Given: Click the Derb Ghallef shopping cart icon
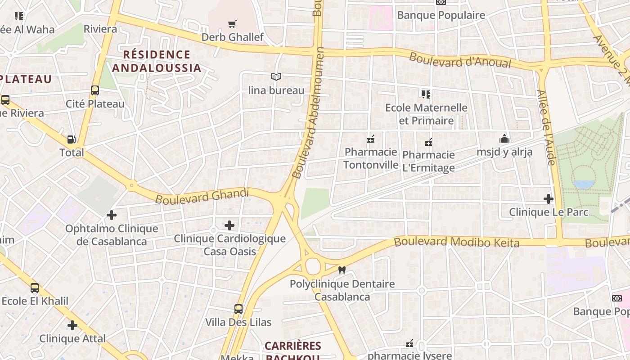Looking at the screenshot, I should coord(232,24).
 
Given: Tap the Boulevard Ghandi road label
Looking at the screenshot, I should coord(202,196).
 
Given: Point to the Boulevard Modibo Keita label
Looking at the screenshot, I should coord(456,242).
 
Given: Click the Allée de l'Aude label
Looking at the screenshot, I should coord(546,127).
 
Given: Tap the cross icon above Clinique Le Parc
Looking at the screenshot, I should coord(548,198).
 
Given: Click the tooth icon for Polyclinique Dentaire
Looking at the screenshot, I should coord(342,270).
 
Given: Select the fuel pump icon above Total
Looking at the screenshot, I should coord(71,139).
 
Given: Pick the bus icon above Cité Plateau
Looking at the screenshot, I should coord(94,90).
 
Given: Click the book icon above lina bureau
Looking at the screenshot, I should coord(276,77).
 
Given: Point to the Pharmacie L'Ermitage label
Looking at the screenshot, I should coord(428,162).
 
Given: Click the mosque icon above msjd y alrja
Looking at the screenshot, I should coord(504,139).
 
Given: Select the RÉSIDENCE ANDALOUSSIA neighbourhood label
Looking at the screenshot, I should coord(156,61).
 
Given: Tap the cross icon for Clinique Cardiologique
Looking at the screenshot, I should coord(229,225).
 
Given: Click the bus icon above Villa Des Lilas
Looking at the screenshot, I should coord(238,309).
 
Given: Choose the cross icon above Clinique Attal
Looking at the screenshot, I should coord(72,325).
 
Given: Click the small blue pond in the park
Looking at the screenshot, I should coord(584,184).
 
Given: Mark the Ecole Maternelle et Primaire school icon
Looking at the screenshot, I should coord(426,94).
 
